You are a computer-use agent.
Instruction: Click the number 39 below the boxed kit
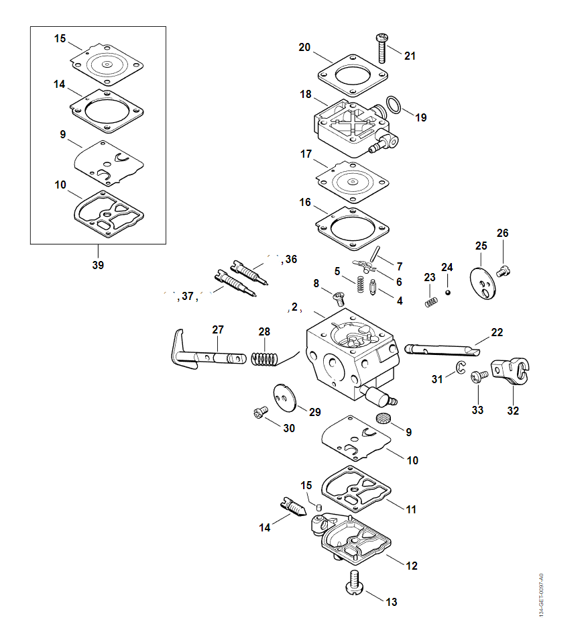98,265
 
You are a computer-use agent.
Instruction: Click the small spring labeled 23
430,301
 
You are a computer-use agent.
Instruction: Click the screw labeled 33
479,377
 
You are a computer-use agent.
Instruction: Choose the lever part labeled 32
512,372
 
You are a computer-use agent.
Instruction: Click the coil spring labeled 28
264,358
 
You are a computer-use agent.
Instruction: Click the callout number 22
497,332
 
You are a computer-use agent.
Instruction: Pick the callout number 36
290,259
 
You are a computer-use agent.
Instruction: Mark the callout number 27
218,329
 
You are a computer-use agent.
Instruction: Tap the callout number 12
412,566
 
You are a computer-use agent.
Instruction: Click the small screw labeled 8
338,297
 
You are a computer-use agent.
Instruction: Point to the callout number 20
304,47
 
